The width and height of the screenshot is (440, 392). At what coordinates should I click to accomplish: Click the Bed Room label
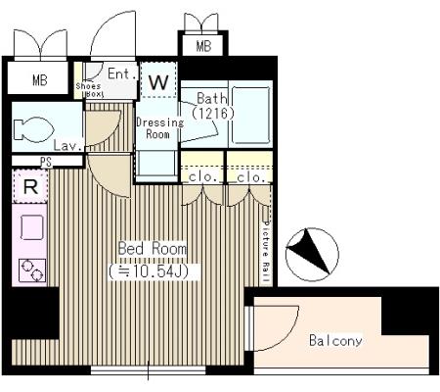pyautogui.click(x=153, y=249)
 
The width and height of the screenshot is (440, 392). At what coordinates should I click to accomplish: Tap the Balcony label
pyautogui.click(x=335, y=341)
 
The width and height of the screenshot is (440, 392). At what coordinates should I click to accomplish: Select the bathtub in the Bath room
pyautogui.click(x=250, y=115)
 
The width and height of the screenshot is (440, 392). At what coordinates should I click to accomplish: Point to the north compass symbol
pyautogui.click(x=312, y=255)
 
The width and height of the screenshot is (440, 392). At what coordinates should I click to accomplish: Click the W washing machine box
pyautogui.click(x=158, y=80)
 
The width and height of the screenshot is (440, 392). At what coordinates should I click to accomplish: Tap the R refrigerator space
pyautogui.click(x=30, y=186)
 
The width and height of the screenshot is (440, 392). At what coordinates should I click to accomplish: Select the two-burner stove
pyautogui.click(x=32, y=270)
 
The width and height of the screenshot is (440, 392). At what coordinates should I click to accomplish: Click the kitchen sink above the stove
pyautogui.click(x=32, y=227)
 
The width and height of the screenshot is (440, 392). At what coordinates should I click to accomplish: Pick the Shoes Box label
pyautogui.click(x=88, y=90)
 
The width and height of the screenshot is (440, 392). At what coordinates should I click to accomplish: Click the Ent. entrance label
pyautogui.click(x=122, y=73)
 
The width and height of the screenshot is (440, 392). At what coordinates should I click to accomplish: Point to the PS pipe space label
pyautogui.click(x=46, y=162)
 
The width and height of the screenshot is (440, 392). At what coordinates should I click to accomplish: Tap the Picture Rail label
pyautogui.click(x=267, y=253)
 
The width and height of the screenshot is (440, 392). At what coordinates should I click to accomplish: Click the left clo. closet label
pyautogui.click(x=202, y=177)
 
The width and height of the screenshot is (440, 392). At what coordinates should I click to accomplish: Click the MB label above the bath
pyautogui.click(x=203, y=46)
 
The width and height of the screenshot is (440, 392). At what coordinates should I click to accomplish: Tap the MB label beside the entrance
pyautogui.click(x=40, y=80)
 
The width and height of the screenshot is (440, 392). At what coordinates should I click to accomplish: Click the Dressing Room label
pyautogui.click(x=159, y=128)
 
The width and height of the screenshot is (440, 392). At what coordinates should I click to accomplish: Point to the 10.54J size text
pyautogui.click(x=153, y=271)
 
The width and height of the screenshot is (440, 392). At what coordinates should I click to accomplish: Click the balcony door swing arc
pyautogui.click(x=288, y=336)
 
